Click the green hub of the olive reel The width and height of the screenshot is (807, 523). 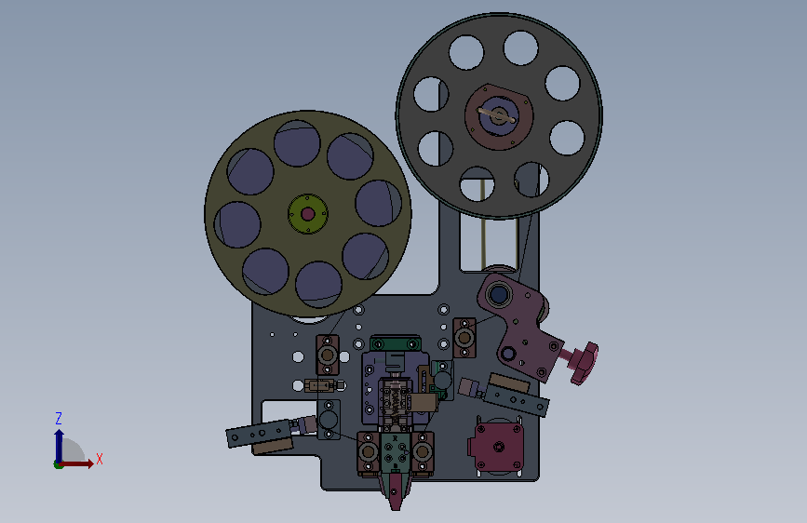pos(308,214)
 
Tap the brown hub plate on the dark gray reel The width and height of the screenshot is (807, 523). pos(498,116)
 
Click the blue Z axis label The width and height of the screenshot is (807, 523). pos(59,418)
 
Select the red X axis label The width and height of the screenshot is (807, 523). pos(100,459)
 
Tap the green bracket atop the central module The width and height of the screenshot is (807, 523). pos(396,343)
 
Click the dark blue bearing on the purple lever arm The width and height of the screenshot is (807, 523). pos(499,295)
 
